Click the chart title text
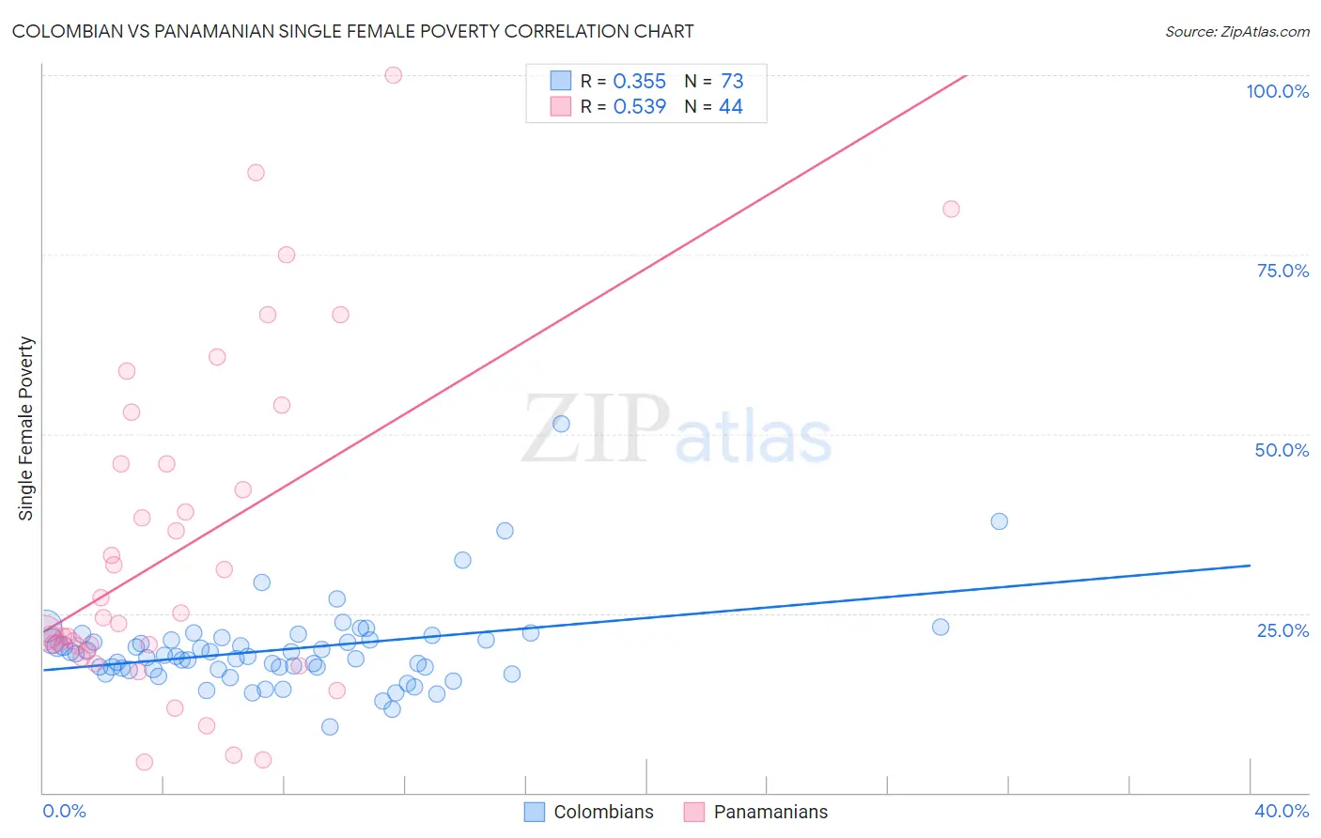(352, 32)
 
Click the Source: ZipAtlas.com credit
(1236, 32)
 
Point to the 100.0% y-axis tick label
(1277, 91)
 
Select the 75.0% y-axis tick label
(1282, 271)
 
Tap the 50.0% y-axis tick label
(1282, 450)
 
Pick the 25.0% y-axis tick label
(1282, 630)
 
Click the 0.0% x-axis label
(64, 811)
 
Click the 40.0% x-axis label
(1281, 811)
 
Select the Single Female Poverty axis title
(26, 428)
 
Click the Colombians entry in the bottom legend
(602, 812)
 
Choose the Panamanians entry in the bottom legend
(769, 812)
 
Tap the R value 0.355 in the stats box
(639, 82)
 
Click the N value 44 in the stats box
(730, 107)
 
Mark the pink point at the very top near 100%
(394, 75)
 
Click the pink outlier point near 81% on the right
(951, 209)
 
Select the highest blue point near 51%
(561, 424)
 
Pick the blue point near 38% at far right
(999, 521)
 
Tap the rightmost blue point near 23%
(940, 627)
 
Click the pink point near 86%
(256, 173)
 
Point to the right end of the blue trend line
(1250, 566)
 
